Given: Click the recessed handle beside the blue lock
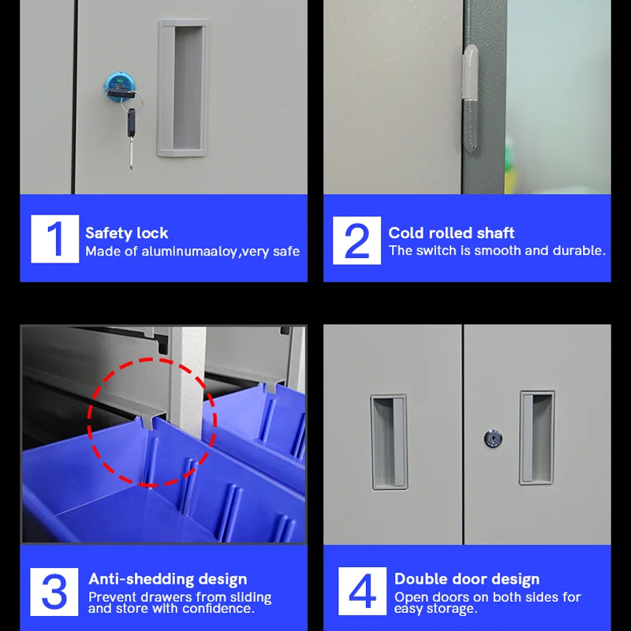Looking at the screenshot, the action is (x=184, y=88).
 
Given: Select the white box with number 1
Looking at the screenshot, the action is (x=54, y=239).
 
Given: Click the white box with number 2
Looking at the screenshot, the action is (x=357, y=241).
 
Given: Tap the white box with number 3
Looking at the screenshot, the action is (x=54, y=592).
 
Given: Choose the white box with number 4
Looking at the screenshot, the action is (x=362, y=591).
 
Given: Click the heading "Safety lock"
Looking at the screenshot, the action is (x=127, y=233).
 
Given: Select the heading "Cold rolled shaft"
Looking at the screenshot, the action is (x=451, y=233).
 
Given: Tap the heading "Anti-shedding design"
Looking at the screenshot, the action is (x=168, y=579).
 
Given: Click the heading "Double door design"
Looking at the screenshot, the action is (x=467, y=579).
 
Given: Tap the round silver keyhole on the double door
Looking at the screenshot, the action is (x=493, y=439).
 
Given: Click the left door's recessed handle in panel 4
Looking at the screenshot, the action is (x=389, y=442).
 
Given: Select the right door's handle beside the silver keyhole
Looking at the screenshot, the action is (x=537, y=438).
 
